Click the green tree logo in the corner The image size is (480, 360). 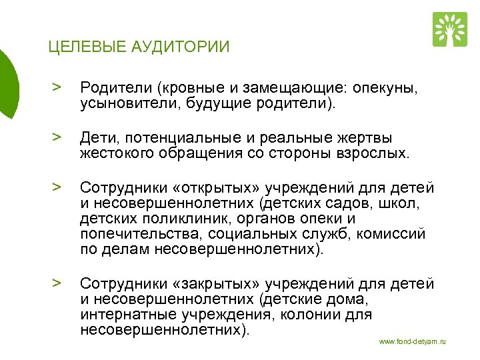450,29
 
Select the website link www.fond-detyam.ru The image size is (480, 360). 412,342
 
